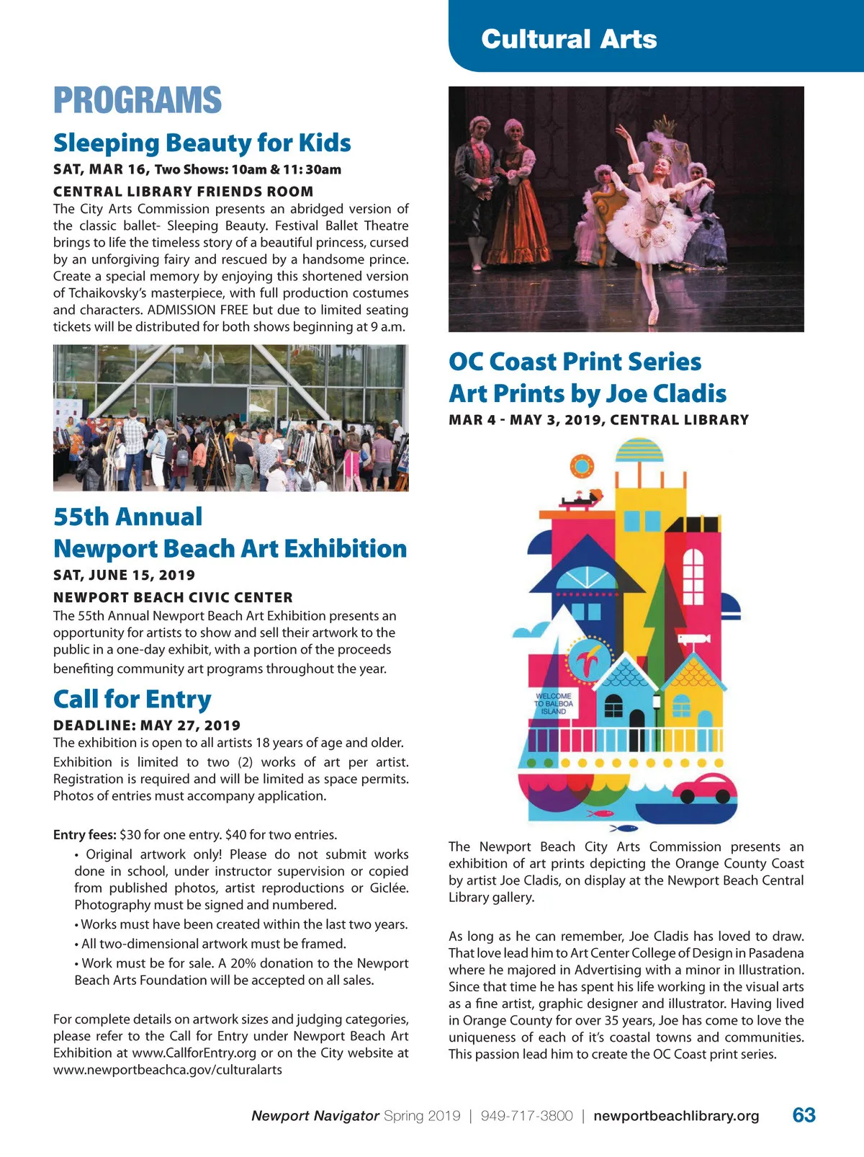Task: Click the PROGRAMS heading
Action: (x=138, y=100)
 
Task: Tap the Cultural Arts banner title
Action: (x=569, y=39)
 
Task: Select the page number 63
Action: (x=804, y=1115)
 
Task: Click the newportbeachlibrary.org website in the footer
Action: (x=676, y=1116)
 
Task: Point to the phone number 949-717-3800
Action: (x=526, y=1116)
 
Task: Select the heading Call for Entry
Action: (x=132, y=699)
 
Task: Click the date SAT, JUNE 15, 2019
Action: (x=124, y=575)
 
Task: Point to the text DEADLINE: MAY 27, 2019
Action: (x=147, y=725)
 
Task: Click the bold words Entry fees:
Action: (x=84, y=835)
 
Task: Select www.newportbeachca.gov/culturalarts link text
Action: (x=168, y=1070)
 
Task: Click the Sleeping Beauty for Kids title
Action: (x=202, y=143)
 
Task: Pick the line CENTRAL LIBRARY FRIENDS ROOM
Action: (x=184, y=192)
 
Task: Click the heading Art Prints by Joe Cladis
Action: (x=588, y=393)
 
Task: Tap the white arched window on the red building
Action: (x=692, y=576)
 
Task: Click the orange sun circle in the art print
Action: (x=582, y=467)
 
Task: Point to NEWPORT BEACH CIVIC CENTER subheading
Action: (x=173, y=597)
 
